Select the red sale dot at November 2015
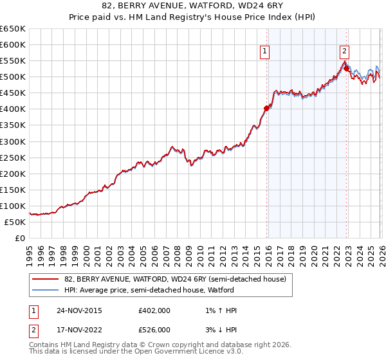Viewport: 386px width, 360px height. coord(267,108)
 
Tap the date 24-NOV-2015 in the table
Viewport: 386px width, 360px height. coord(78,310)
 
